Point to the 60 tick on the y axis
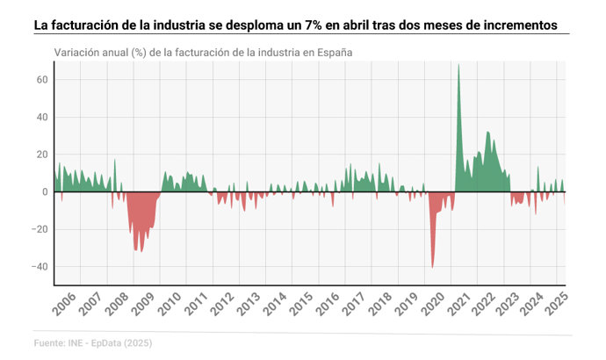click(41, 80)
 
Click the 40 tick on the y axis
click(41, 118)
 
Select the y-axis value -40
click(39, 267)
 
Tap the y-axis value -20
click(39, 230)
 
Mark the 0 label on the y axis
click(45, 192)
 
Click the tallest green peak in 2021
click(458, 65)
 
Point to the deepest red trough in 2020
click(433, 267)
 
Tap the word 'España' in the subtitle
click(334, 52)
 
